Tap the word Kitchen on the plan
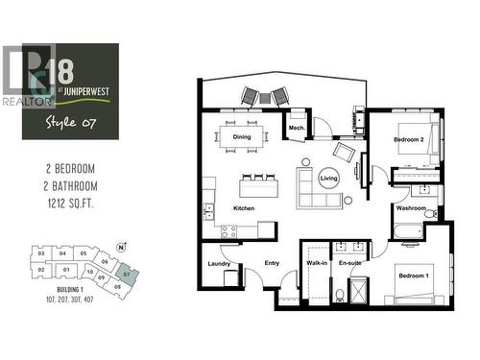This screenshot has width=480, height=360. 241,207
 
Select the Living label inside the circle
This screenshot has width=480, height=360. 329,179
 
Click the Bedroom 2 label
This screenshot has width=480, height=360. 409,140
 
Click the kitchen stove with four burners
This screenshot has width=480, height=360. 229,230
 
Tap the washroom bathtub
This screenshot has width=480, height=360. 409,230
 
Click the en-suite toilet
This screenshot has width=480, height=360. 341,293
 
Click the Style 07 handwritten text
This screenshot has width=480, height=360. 66,122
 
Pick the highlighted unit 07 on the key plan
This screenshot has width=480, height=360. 127,274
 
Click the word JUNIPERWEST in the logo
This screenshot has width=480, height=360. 80,95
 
